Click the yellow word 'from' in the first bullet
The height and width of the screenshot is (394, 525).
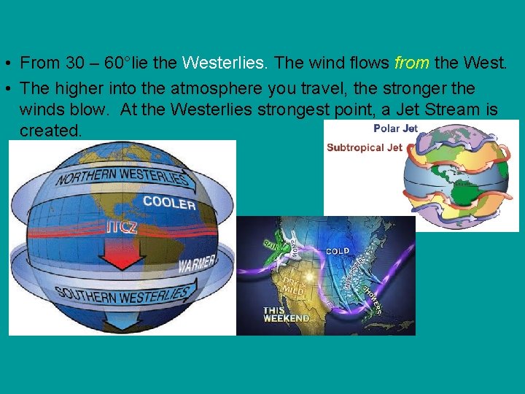(x=411, y=63)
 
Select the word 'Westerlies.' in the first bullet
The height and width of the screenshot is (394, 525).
(x=226, y=63)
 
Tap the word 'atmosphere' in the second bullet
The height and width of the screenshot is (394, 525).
(x=212, y=88)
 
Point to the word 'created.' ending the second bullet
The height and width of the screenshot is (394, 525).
(x=51, y=130)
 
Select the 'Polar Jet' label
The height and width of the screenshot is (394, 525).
(x=394, y=128)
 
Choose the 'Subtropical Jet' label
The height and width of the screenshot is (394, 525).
(x=364, y=147)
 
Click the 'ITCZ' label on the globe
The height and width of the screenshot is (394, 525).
(x=121, y=227)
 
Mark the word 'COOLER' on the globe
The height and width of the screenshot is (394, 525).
(x=169, y=202)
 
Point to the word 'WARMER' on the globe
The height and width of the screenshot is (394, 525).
(x=197, y=261)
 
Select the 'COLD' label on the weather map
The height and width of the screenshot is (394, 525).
(x=337, y=251)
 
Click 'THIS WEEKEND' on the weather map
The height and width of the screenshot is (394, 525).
(x=285, y=314)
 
